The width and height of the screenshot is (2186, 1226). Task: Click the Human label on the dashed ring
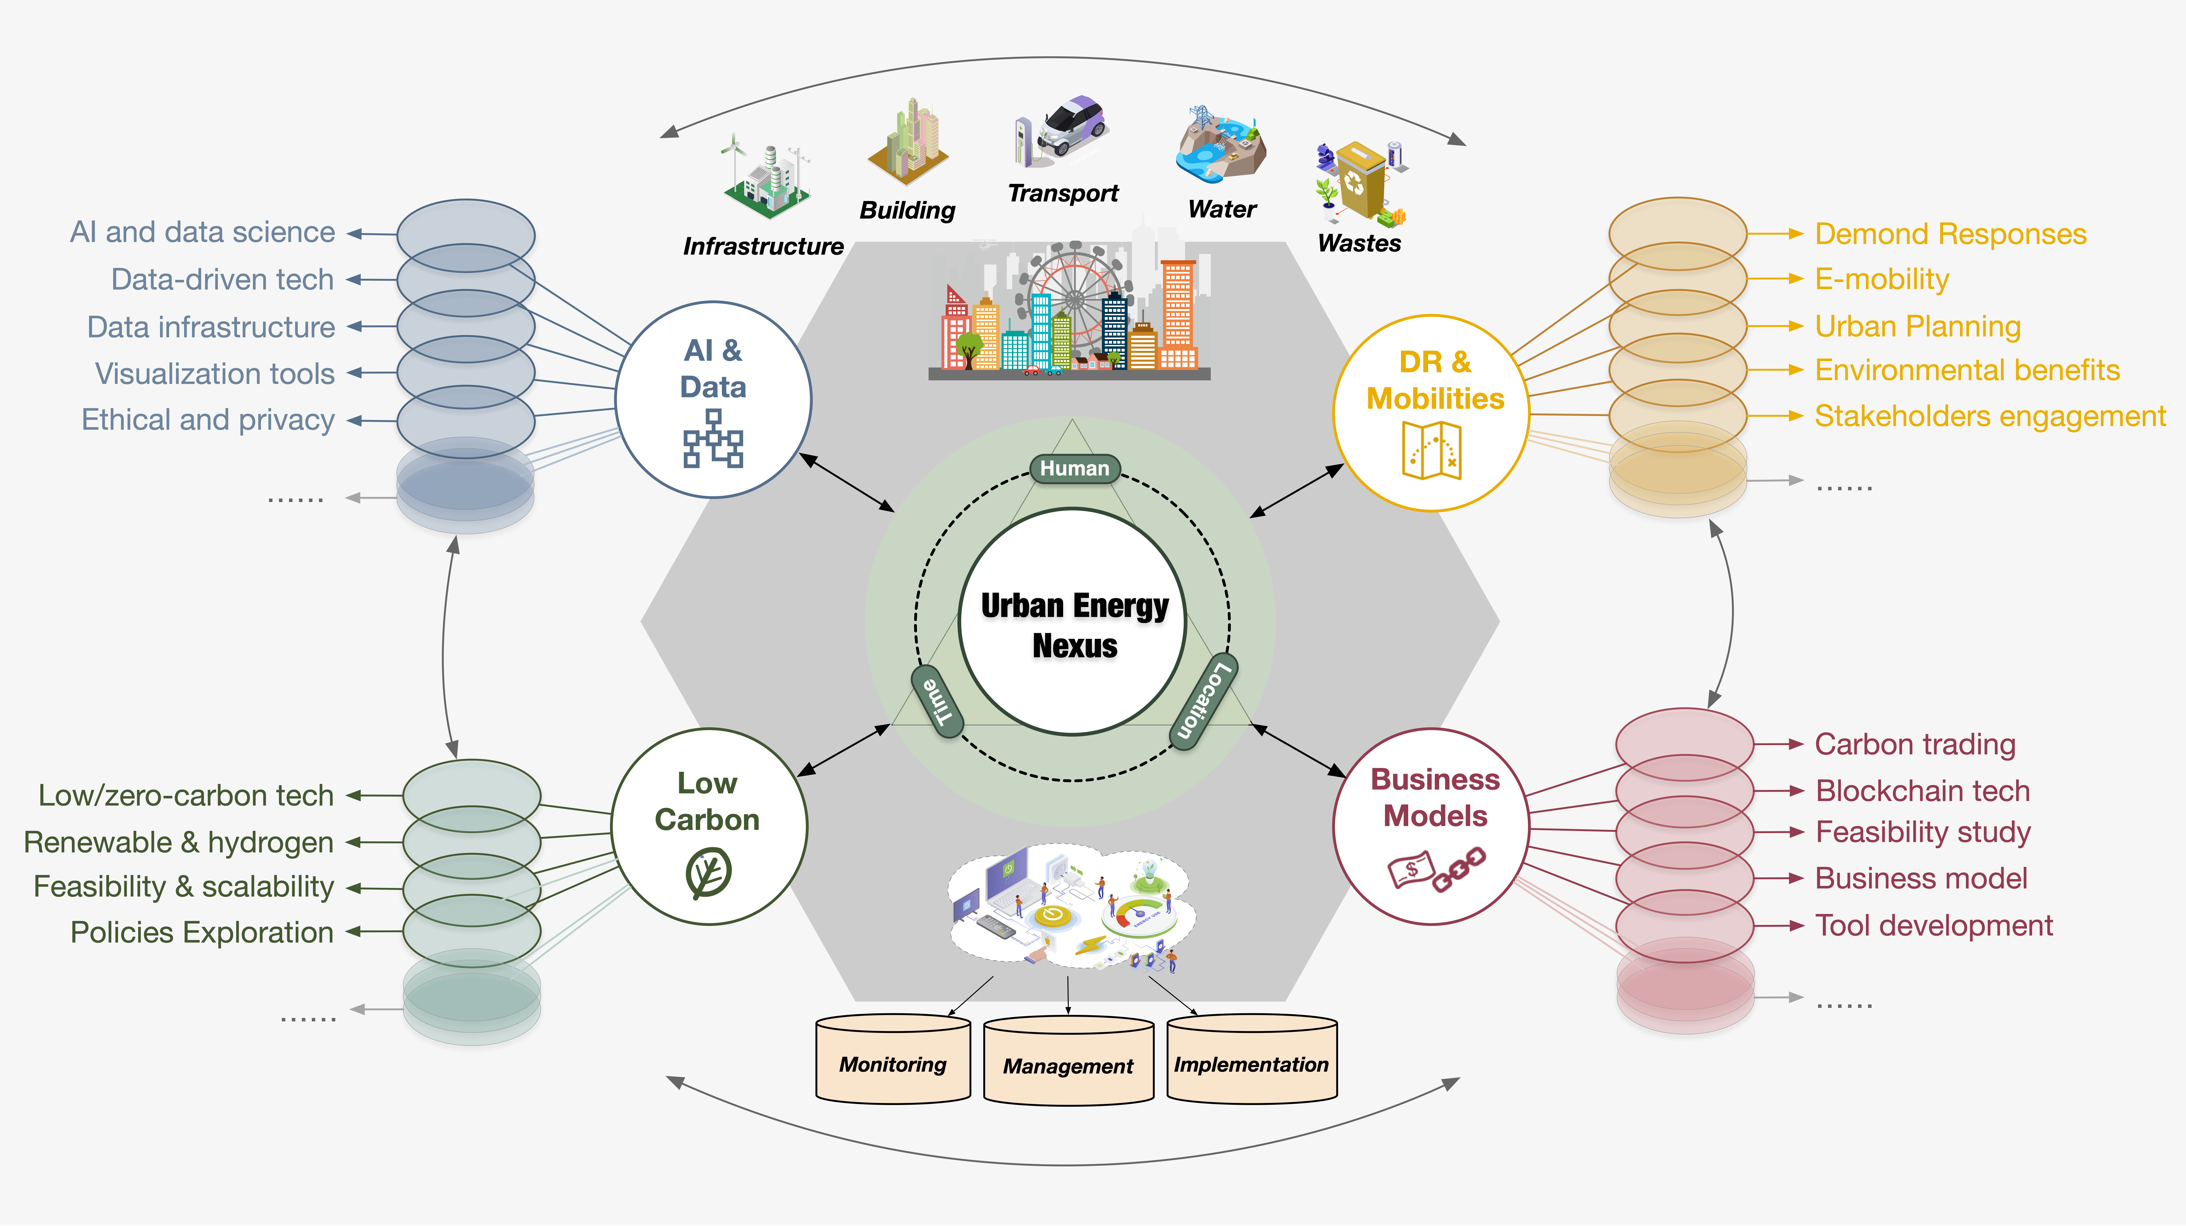[1074, 468]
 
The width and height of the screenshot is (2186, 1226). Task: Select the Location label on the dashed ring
[1203, 701]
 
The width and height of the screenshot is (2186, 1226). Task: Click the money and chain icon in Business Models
[1434, 870]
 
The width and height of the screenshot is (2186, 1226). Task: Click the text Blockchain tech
[1922, 791]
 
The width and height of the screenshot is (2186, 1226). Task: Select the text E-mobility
[1881, 279]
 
